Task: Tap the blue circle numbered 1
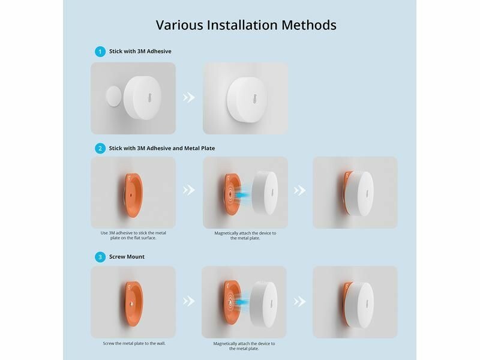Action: [x=100, y=52]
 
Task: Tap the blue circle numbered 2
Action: [x=100, y=148]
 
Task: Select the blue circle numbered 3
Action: [x=100, y=257]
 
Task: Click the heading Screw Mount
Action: [x=127, y=257]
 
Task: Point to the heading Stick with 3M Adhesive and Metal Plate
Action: [x=162, y=148]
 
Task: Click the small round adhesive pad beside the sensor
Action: [x=113, y=96]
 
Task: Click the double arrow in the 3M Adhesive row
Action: [x=189, y=97]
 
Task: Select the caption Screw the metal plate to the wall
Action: [x=134, y=343]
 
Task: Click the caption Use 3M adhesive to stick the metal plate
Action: [x=133, y=235]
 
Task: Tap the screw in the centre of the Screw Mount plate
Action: [x=131, y=304]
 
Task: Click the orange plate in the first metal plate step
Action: [x=133, y=195]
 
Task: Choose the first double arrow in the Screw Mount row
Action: [x=189, y=301]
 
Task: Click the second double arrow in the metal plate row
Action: [x=299, y=190]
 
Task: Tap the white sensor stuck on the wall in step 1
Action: [x=247, y=100]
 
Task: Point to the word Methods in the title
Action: [x=309, y=25]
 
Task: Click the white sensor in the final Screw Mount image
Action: [x=359, y=305]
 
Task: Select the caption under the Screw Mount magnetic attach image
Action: [x=244, y=346]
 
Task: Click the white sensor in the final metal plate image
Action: [x=359, y=194]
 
